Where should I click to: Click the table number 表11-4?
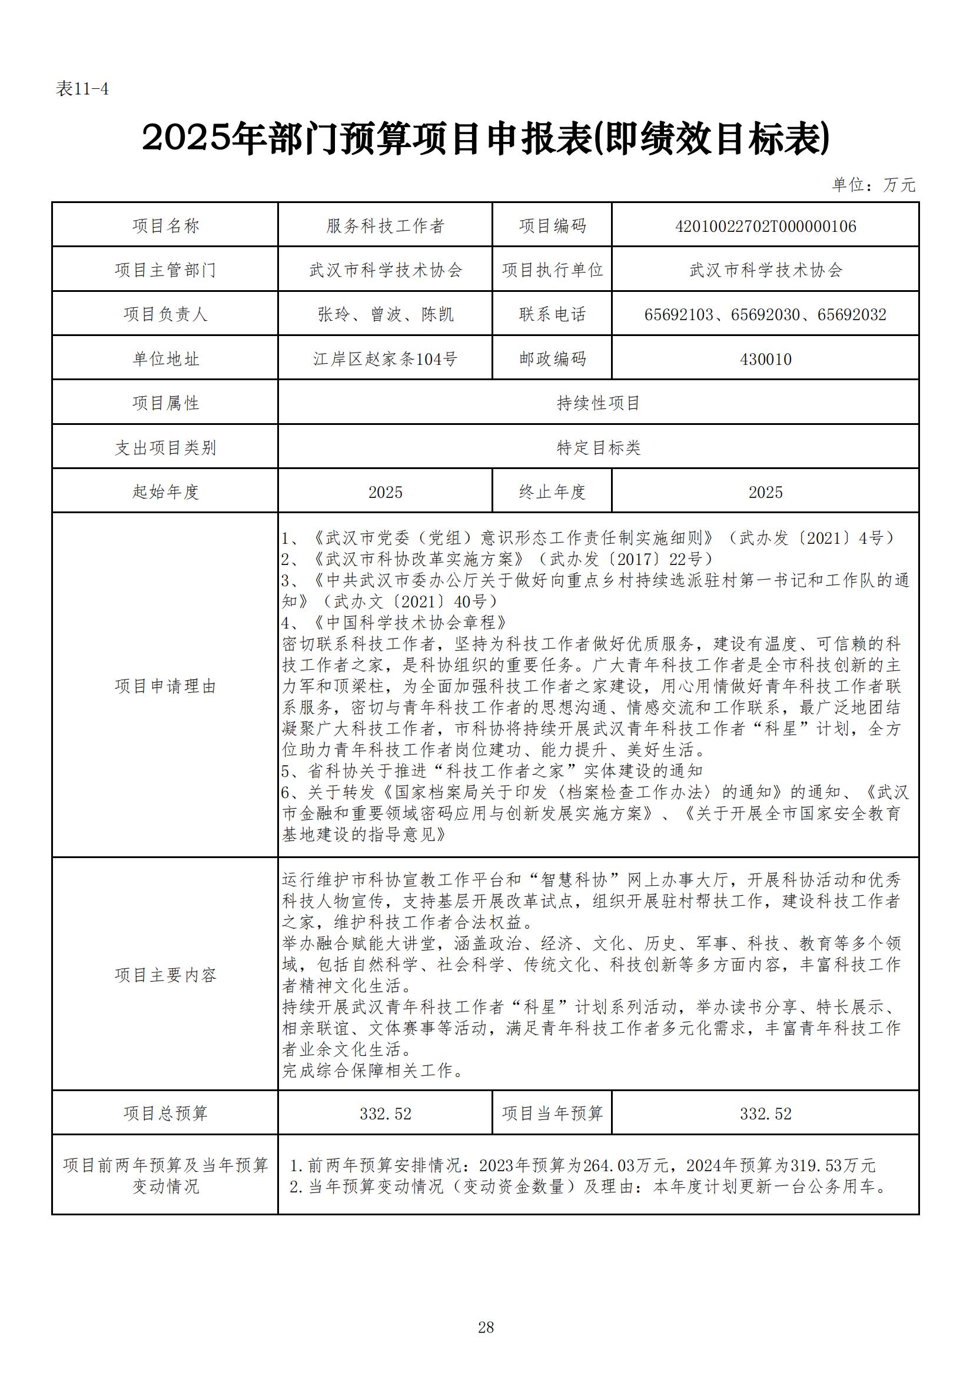[x=82, y=89]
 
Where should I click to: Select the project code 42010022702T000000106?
[x=765, y=226]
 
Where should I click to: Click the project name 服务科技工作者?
[x=385, y=226]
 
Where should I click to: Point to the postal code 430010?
[x=765, y=359]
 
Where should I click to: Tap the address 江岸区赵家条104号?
[x=385, y=359]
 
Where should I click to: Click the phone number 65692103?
[x=679, y=315]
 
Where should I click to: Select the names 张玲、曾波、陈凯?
[x=385, y=315]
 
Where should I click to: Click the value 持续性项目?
[x=598, y=403]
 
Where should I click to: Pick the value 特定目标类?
[x=598, y=448]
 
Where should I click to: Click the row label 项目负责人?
[x=165, y=315]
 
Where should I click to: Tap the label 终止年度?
[x=552, y=492]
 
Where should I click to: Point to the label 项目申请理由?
[x=165, y=686]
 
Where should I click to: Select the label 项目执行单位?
[x=552, y=270]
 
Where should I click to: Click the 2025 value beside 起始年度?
[x=385, y=492]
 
